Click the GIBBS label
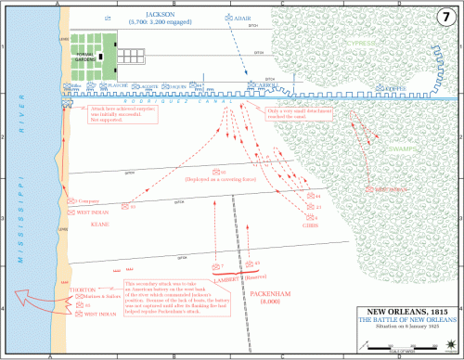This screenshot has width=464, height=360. (x=309, y=224)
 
